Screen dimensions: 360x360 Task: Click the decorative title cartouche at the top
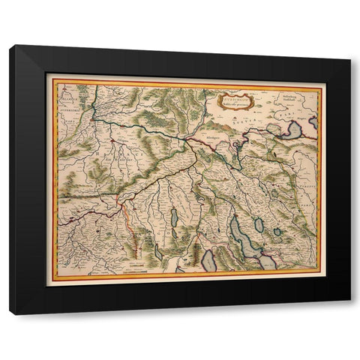235,100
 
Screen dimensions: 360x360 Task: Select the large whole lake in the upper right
292,130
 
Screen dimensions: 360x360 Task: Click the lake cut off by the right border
314,121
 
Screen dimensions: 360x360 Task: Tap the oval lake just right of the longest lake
259,225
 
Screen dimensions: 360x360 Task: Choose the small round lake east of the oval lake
277,232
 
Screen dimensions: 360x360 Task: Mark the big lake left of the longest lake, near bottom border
208,259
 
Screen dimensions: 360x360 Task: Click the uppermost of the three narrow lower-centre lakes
175,218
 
